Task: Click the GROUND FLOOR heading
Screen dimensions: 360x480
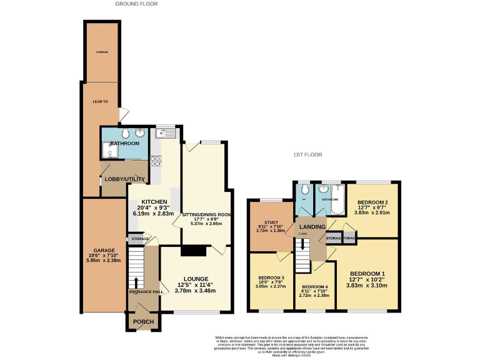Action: coord(136,4)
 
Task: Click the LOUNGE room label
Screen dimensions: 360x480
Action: coord(196,279)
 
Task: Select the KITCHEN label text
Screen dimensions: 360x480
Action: coord(154,202)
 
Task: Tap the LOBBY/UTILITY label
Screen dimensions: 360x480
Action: coord(125,179)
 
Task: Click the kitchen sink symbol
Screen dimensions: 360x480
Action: coord(167,132)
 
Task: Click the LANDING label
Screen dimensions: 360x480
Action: coord(312,227)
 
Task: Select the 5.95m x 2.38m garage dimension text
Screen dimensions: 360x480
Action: coord(104,261)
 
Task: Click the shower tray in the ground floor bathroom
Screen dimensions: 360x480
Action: coord(108,150)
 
